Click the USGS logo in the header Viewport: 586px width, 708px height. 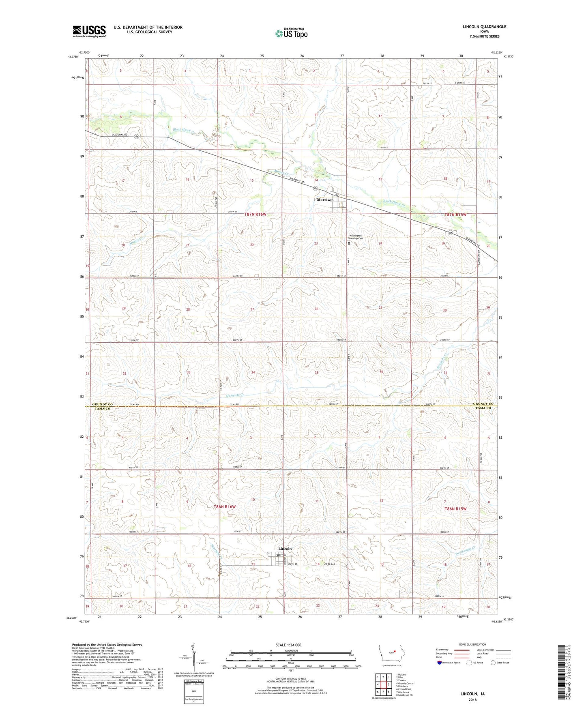(89, 31)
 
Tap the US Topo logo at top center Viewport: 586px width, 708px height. (291, 33)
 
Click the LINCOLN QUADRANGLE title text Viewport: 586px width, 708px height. (484, 27)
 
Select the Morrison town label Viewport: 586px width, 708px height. (325, 200)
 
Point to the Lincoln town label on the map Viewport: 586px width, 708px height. (285, 549)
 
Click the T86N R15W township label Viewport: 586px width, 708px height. (455, 508)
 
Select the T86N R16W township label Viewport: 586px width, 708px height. (224, 507)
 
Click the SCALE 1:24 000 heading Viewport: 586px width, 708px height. (288, 645)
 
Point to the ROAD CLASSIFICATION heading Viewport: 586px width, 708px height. (472, 644)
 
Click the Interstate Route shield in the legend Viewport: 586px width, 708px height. (440, 663)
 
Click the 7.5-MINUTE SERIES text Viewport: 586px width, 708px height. (484, 36)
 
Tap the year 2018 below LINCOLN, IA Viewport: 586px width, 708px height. (472, 699)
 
